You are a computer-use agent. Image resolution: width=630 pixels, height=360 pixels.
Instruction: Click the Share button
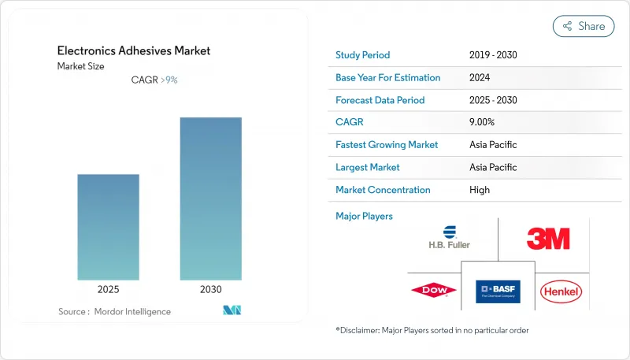[x=584, y=26]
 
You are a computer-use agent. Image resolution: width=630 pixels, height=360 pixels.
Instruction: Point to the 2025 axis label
[x=109, y=289]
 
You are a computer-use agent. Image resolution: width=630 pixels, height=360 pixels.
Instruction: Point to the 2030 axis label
[x=210, y=289]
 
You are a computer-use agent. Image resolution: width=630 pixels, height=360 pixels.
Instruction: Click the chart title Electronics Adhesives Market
[x=134, y=51]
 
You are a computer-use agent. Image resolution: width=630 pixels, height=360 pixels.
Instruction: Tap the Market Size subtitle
[x=80, y=66]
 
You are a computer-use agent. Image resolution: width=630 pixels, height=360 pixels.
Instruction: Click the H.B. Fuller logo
[x=450, y=236]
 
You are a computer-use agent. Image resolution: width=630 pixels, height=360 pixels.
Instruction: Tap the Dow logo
[x=433, y=291]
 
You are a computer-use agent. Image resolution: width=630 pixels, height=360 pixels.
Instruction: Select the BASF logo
[x=498, y=291]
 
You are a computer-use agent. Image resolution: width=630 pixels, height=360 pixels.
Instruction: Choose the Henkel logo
[x=561, y=292]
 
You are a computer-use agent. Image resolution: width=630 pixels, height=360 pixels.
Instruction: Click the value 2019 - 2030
[x=492, y=55]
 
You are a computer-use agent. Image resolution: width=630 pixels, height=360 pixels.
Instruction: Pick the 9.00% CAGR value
[x=482, y=122]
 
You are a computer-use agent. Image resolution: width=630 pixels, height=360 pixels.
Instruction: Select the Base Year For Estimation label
[x=387, y=78]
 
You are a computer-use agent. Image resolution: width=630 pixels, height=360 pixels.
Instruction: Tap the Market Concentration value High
[x=479, y=190]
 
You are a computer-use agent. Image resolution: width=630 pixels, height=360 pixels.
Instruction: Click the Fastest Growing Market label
[x=386, y=145]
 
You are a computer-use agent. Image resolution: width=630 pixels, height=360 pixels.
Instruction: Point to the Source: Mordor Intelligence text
[x=114, y=312]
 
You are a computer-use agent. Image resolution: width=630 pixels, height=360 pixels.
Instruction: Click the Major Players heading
[x=364, y=216]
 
